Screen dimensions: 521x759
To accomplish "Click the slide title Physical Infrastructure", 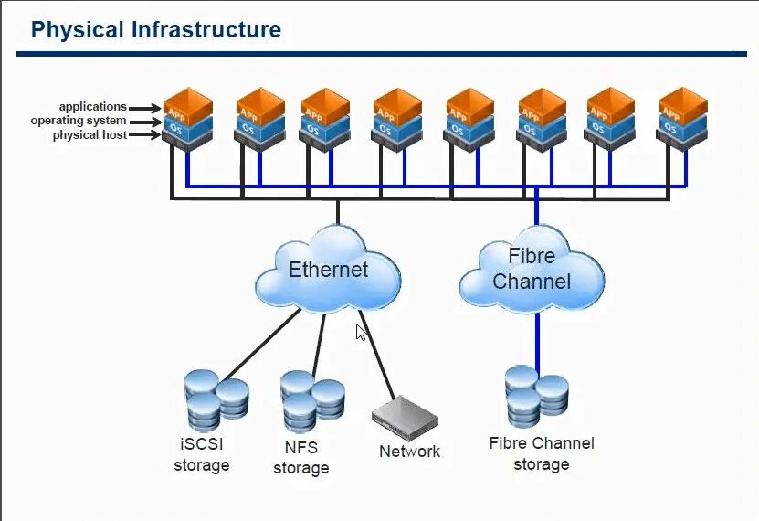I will tap(155, 29).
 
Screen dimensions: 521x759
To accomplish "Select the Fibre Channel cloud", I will tap(531, 269).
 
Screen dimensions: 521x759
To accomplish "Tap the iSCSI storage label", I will tap(202, 455).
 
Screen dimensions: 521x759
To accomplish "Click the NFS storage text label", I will tap(300, 458).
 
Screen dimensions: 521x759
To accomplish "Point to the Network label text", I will tap(409, 452).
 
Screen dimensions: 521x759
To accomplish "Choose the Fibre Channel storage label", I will tap(541, 453).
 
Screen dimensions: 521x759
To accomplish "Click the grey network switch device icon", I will tap(404, 419).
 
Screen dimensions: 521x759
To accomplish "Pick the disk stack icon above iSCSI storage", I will tap(216, 399).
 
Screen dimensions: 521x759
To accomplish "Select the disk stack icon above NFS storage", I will tap(311, 399).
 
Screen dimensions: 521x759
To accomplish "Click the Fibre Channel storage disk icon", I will tap(536, 395).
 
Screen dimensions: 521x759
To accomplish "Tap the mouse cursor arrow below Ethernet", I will tap(361, 332).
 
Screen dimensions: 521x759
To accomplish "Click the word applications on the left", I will tap(92, 107).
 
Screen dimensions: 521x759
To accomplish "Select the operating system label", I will tap(79, 121).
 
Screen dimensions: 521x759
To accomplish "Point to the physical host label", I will tap(90, 135).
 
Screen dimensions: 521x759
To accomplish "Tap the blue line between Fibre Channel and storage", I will tap(536, 338).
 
